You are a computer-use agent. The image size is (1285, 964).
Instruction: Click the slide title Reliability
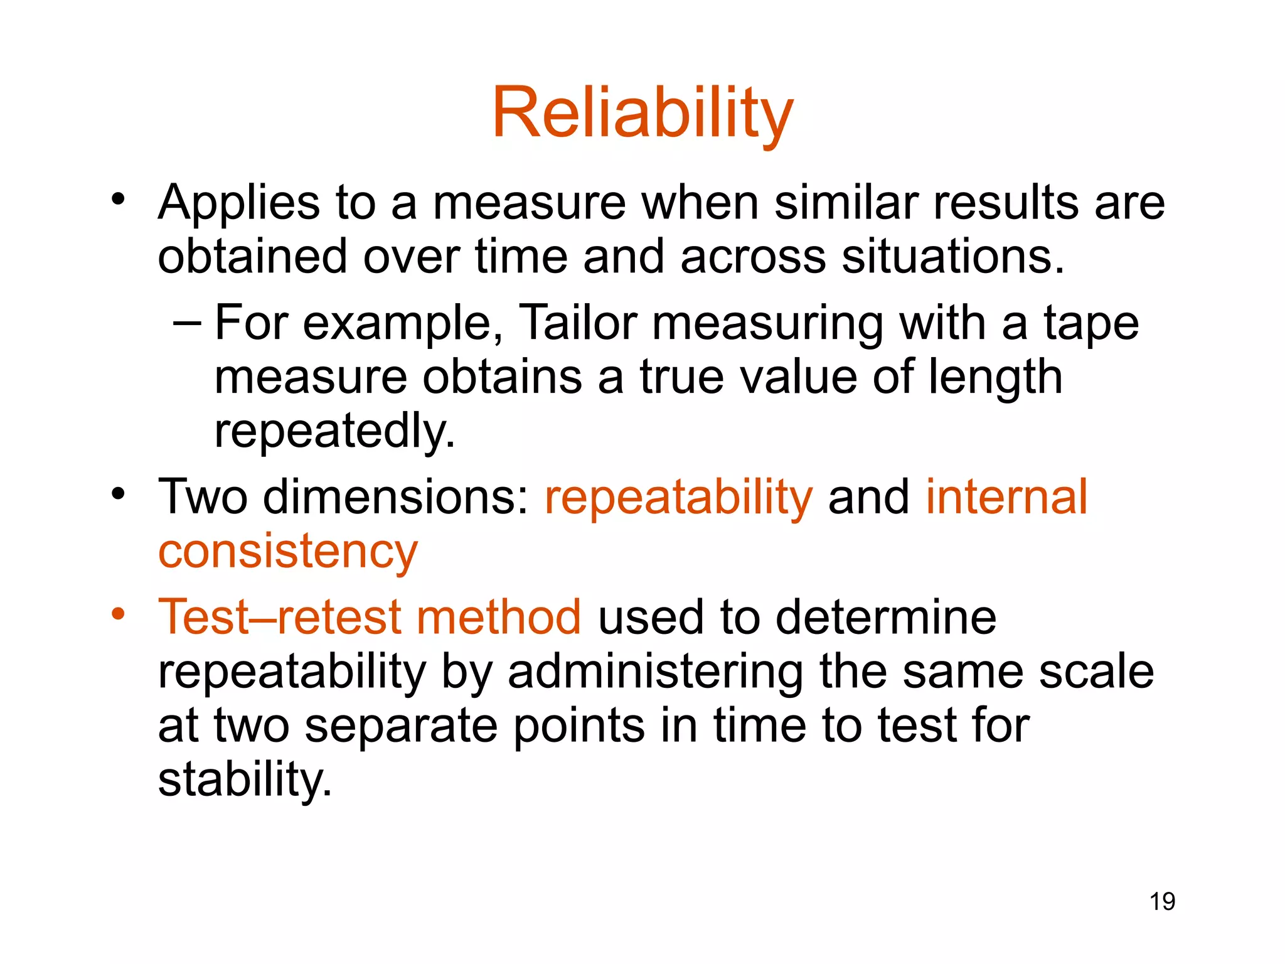(x=642, y=113)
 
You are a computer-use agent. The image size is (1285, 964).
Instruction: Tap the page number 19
(x=1162, y=902)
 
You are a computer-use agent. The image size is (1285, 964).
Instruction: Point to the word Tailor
(x=579, y=323)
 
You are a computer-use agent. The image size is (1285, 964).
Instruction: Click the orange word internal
(x=1006, y=496)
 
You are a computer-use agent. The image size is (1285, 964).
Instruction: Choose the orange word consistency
(x=287, y=551)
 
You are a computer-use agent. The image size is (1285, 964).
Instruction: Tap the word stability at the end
(x=245, y=779)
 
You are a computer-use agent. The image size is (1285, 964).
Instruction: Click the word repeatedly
(x=334, y=431)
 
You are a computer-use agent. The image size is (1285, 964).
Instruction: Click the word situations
(x=952, y=257)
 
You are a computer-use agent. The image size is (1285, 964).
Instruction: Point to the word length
(x=994, y=377)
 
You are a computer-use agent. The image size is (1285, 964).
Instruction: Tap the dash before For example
(x=187, y=323)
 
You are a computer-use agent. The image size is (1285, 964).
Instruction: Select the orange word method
(x=499, y=617)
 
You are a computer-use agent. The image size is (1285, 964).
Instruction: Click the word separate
(x=401, y=726)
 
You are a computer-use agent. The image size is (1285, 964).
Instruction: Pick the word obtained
(x=252, y=257)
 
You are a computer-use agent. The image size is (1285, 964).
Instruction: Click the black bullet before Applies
(x=118, y=200)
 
